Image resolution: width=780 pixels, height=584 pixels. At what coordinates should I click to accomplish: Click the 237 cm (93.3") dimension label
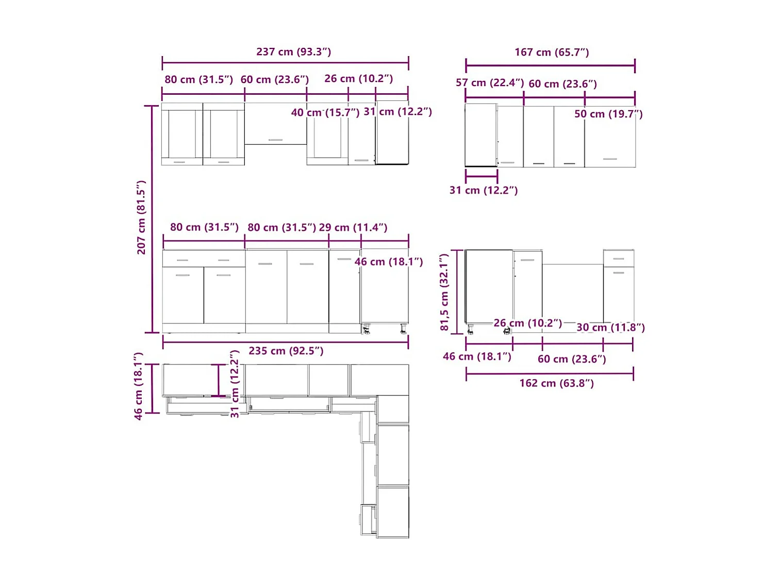293,52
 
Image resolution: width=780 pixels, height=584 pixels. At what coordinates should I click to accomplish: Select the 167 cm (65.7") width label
552,53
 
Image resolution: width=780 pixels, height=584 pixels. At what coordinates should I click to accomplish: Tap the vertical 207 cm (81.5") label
141,217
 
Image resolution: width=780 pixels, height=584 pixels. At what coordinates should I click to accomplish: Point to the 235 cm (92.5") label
286,351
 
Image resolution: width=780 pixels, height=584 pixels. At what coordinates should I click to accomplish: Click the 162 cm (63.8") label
556,383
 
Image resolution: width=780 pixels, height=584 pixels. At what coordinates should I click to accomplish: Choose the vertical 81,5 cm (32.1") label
444,292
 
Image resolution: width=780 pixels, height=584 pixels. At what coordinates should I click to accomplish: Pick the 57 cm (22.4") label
490,83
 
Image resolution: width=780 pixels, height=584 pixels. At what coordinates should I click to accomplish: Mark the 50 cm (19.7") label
608,114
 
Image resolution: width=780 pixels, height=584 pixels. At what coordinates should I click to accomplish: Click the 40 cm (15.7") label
325,113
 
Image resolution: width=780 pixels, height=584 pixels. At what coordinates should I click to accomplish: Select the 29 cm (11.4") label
353,227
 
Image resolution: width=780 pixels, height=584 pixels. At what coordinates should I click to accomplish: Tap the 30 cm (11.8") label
610,328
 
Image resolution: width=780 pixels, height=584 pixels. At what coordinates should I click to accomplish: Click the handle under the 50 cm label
610,159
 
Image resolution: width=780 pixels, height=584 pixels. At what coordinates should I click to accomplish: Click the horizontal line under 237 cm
286,63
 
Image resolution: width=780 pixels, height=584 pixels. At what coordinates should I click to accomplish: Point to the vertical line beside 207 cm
152,219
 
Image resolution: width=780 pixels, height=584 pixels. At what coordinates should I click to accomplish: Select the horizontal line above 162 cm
550,373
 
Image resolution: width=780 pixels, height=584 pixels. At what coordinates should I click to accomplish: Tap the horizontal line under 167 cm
550,66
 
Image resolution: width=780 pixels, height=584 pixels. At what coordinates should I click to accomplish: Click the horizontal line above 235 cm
286,342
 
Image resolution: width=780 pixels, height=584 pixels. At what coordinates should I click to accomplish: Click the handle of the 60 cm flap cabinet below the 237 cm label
275,140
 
